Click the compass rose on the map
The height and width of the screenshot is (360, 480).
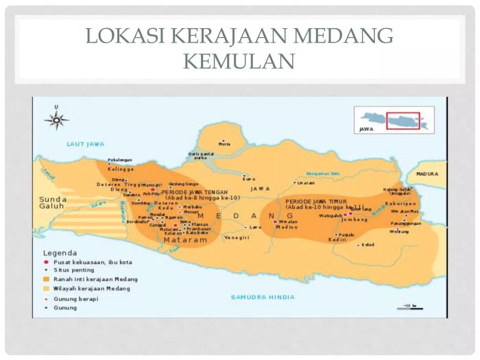click(x=56, y=120)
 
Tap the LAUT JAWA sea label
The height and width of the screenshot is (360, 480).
click(x=85, y=144)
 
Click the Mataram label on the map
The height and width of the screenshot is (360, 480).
click(x=185, y=241)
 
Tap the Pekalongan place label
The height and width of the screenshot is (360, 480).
click(x=119, y=160)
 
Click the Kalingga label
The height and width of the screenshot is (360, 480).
click(x=121, y=169)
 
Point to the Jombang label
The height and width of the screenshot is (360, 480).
click(x=355, y=220)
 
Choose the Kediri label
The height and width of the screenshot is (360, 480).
click(x=337, y=240)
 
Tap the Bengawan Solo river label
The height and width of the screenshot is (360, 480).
click(x=323, y=173)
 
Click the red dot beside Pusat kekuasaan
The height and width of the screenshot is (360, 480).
click(x=46, y=262)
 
